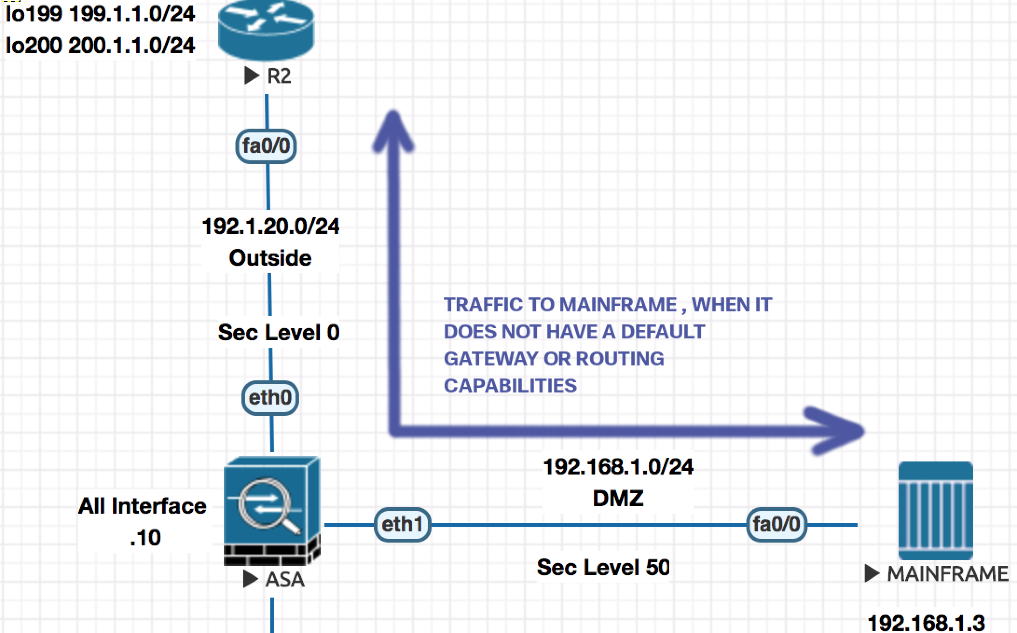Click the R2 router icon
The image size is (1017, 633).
coord(266,30)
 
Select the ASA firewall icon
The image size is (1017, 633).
coord(271,511)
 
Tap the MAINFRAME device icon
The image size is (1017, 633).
coord(935,510)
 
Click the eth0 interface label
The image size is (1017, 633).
coord(270,398)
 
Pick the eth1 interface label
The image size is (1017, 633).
coord(402,524)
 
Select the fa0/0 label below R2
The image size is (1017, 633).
coord(266,146)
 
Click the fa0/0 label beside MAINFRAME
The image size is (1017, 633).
coord(776,524)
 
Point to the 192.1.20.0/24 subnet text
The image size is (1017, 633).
coord(270,227)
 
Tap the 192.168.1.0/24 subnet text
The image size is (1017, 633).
coord(618,467)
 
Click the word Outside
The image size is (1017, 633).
coord(270,258)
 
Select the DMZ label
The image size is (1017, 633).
coord(618,498)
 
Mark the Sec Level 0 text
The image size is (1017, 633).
coord(279,332)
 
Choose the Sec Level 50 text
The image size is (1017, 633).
coord(603,567)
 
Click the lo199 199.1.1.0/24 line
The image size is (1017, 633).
coord(100,14)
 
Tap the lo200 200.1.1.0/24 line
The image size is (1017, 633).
coord(100,46)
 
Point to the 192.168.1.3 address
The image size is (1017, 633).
coord(926,623)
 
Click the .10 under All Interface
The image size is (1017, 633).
coord(145,538)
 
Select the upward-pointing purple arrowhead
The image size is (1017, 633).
coord(393,131)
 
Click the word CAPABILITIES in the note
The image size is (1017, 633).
coord(510,386)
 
